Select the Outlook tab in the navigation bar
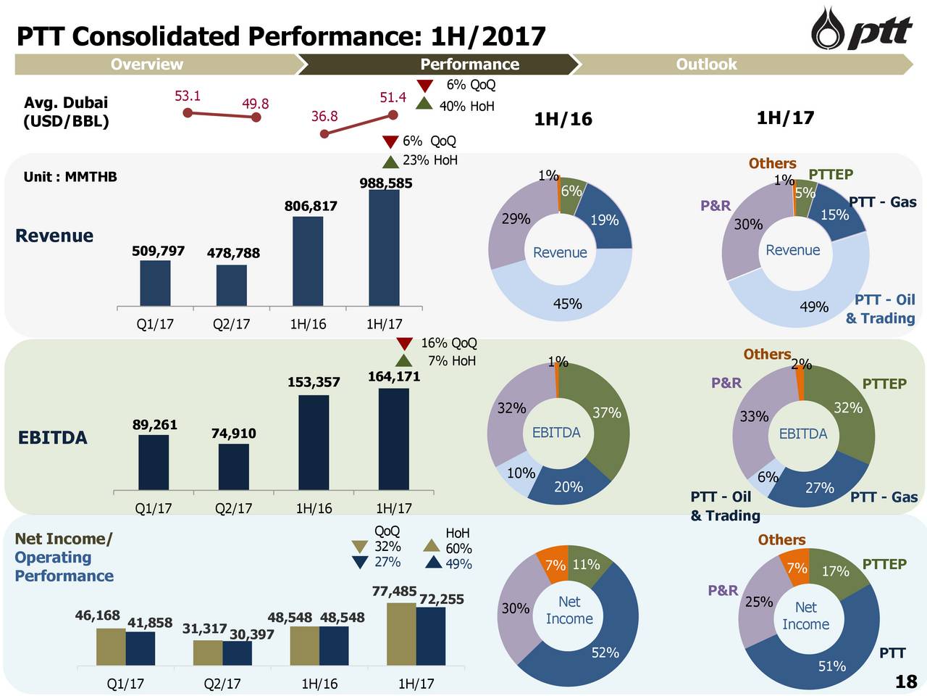click(706, 65)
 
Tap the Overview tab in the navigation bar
click(147, 65)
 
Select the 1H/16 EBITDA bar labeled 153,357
click(314, 442)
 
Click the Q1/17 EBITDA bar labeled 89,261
click(154, 462)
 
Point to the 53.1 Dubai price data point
click(188, 112)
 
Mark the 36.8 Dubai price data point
click(324, 133)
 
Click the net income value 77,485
click(393, 592)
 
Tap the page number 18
click(905, 681)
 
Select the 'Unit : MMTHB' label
click(70, 177)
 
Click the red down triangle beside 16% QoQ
click(404, 344)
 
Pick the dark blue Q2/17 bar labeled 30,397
click(237, 652)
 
